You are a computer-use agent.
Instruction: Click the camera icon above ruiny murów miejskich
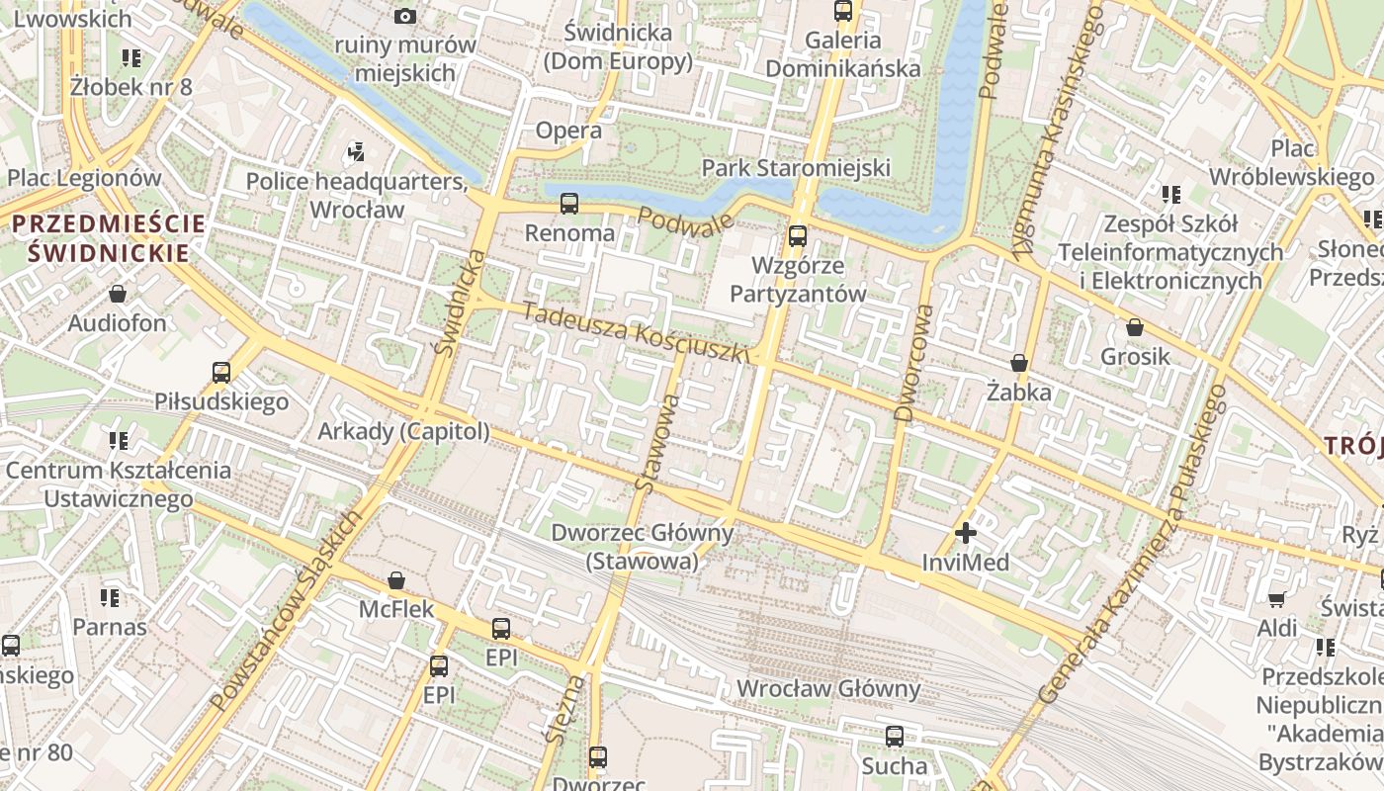[x=404, y=16]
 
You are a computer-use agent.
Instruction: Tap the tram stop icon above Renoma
[x=569, y=204]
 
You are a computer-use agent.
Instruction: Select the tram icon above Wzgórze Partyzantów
[x=798, y=236]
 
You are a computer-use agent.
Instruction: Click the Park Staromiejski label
[x=796, y=168]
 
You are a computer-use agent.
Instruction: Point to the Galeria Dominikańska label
[x=842, y=54]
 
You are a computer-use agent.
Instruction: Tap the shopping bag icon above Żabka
[x=1019, y=364]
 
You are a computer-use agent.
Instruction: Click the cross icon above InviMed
[x=965, y=534]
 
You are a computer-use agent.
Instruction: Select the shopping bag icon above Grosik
[x=1135, y=327]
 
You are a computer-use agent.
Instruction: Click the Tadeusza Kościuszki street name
[x=636, y=333]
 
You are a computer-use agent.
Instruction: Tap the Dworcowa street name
[x=913, y=363]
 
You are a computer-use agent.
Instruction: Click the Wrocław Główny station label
[x=828, y=689]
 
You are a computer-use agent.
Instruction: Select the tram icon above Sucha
[x=895, y=737]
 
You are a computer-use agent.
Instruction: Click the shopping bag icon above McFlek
[x=396, y=580]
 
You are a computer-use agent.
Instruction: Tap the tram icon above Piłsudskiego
[x=221, y=373]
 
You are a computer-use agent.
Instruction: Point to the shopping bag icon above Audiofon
[x=118, y=295]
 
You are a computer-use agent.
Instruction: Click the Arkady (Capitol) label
[x=403, y=431]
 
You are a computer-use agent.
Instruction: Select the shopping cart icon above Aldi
[x=1277, y=599]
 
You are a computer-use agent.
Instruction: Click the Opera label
[x=568, y=131]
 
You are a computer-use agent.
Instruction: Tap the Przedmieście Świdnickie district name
[x=108, y=238]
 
